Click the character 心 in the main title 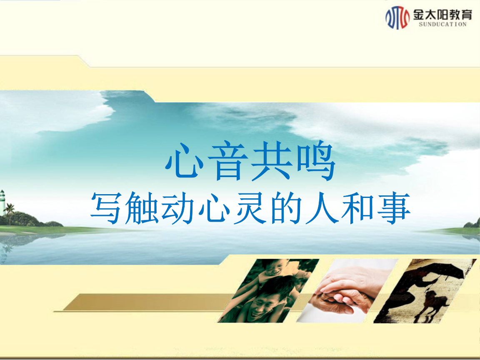pyautogui.click(x=185, y=161)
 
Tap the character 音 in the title pyautogui.click(x=228, y=161)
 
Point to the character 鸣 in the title pyautogui.click(x=315, y=161)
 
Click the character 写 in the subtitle pyautogui.click(x=105, y=207)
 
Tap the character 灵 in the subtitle pyautogui.click(x=250, y=207)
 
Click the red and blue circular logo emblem pyautogui.click(x=397, y=17)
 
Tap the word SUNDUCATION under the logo pyautogui.click(x=442, y=25)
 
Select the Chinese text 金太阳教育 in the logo pyautogui.click(x=442, y=15)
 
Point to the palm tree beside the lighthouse pyautogui.click(x=10, y=213)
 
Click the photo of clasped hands pyautogui.click(x=347, y=291)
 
